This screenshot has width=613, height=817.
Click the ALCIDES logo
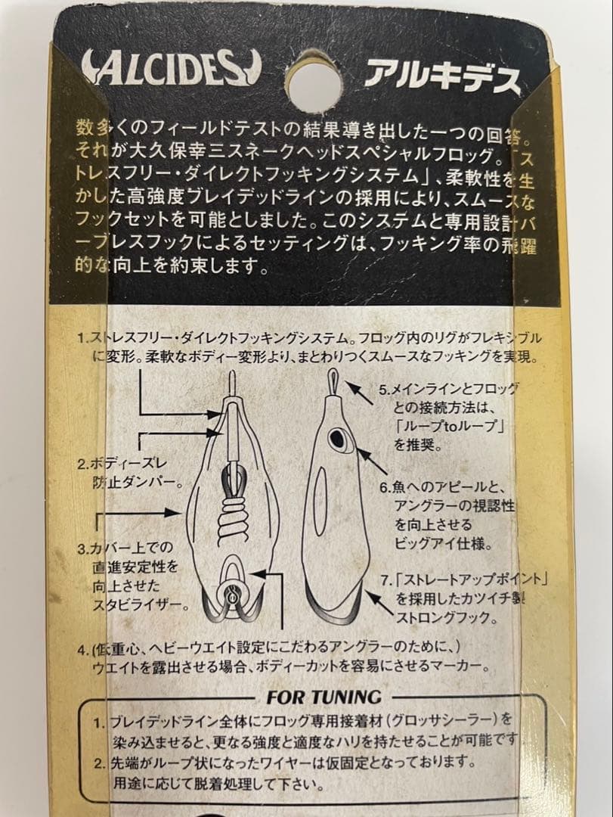click(x=170, y=70)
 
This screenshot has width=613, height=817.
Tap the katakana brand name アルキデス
click(x=443, y=75)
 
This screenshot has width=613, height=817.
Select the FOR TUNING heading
click(x=324, y=696)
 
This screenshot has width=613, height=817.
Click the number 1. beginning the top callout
click(x=83, y=339)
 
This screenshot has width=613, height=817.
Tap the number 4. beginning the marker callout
click(x=83, y=649)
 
